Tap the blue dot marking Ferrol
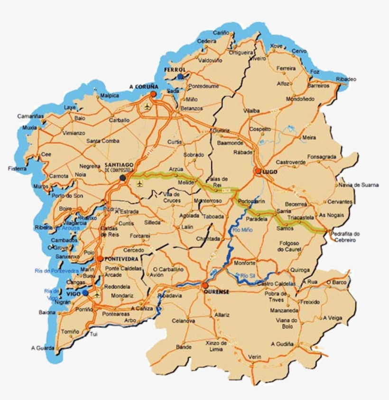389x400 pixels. coord(180,76)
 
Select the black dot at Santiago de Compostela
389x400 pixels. coord(123,178)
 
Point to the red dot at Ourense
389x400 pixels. coord(204,286)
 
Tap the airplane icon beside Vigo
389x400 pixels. coord(97,294)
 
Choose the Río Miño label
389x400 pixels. coord(243,230)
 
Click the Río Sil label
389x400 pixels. coord(247,275)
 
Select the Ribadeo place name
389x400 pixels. coord(345,79)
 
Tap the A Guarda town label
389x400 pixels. coord(43,348)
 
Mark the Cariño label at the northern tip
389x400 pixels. coord(221,33)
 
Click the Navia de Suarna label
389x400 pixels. coord(359,185)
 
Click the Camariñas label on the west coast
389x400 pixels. coord(30,116)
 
